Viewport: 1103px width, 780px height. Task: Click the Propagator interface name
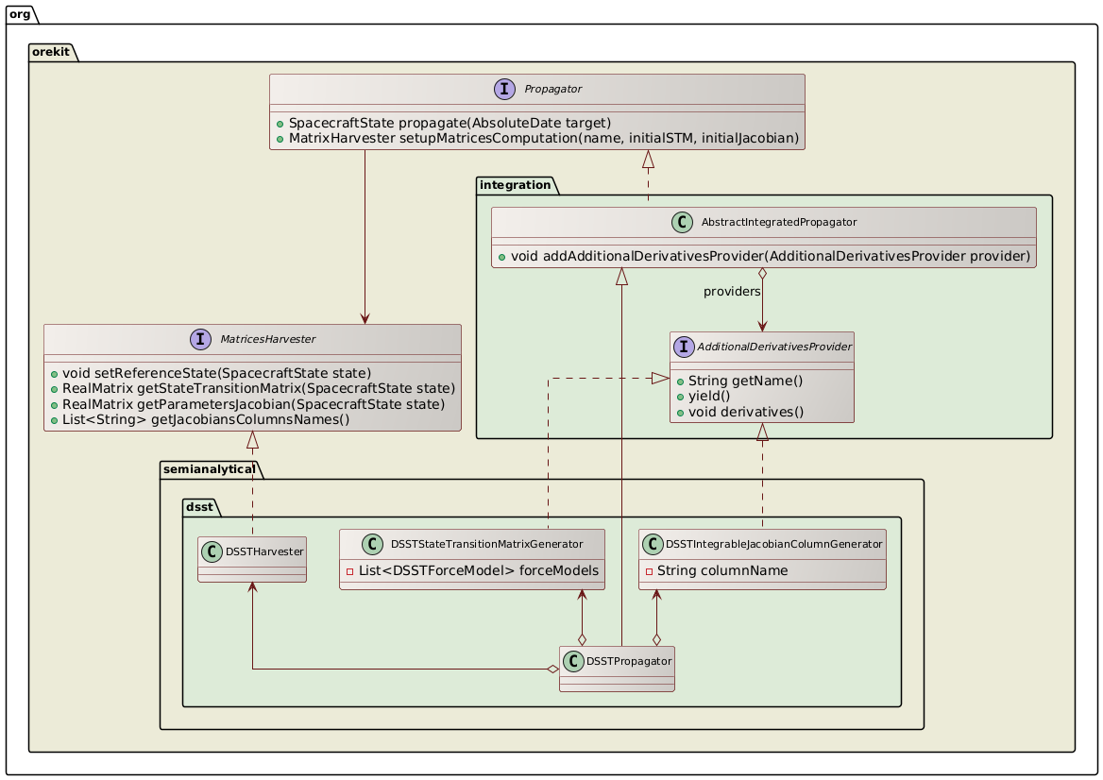554,89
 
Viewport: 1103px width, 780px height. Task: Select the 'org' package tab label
19,13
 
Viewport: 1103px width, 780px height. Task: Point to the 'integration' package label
517,184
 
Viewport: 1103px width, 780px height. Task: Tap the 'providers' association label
732,292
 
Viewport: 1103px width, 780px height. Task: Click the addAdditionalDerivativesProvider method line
763,256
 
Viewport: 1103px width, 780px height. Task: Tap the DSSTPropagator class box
617,669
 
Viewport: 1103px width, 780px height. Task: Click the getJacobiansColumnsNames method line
199,419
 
